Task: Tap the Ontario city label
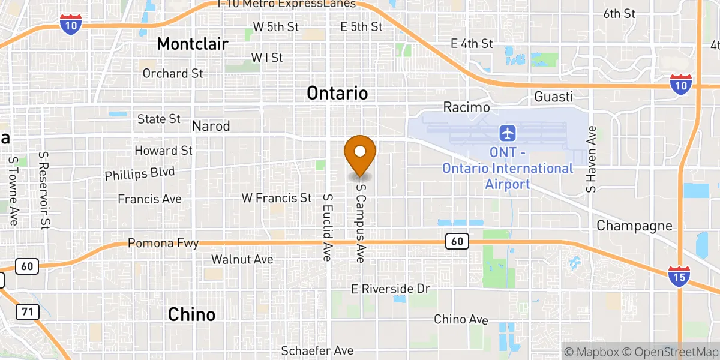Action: pyautogui.click(x=337, y=93)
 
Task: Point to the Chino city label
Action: pyautogui.click(x=191, y=314)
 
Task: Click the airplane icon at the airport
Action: pyautogui.click(x=508, y=132)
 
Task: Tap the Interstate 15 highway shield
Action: pyautogui.click(x=679, y=277)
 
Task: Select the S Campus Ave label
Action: pyautogui.click(x=361, y=222)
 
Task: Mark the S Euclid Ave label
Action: pyautogui.click(x=328, y=227)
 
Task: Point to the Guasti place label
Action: pyautogui.click(x=553, y=97)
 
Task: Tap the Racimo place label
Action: pyautogui.click(x=466, y=107)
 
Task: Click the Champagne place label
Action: pyautogui.click(x=634, y=226)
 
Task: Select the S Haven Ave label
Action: pyautogui.click(x=592, y=159)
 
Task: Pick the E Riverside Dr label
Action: pyautogui.click(x=391, y=289)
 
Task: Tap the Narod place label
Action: pyautogui.click(x=211, y=126)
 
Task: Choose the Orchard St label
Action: pyautogui.click(x=173, y=73)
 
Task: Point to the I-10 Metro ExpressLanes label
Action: pyautogui.click(x=287, y=4)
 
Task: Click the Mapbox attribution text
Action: pyautogui.click(x=592, y=352)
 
